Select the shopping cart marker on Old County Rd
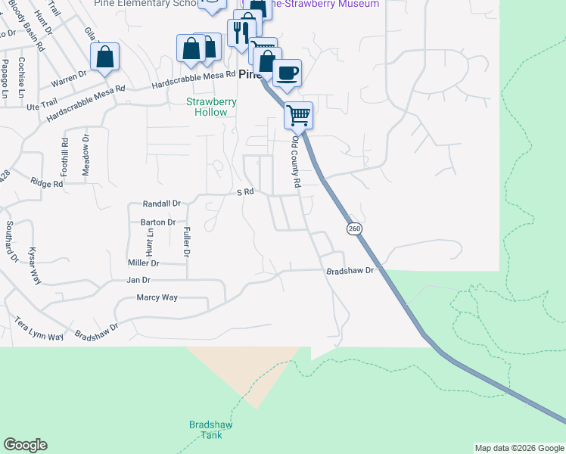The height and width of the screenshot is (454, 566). tap(299, 115)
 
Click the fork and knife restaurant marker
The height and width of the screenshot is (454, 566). tap(241, 32)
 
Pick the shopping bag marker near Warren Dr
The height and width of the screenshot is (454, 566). tap(104, 56)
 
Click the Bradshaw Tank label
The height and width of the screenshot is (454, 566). tap(210, 430)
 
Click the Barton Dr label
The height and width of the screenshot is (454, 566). tap(158, 222)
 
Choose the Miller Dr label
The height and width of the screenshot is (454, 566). tap(144, 263)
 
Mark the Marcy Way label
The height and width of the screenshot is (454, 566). tap(157, 297)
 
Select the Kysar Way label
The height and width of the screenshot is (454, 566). tap(34, 265)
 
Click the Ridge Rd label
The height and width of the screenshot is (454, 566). tap(46, 183)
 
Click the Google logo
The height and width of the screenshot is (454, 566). tap(25, 445)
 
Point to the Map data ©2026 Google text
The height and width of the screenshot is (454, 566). tap(518, 448)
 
